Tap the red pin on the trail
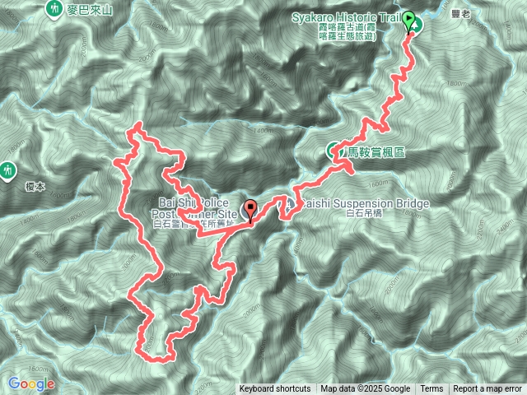(250, 209)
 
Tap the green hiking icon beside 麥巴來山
(54, 8)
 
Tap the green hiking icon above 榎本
(8, 170)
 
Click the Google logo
(30, 383)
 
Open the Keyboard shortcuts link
(275, 389)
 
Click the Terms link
(431, 389)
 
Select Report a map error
(488, 389)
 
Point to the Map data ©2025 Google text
(366, 389)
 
